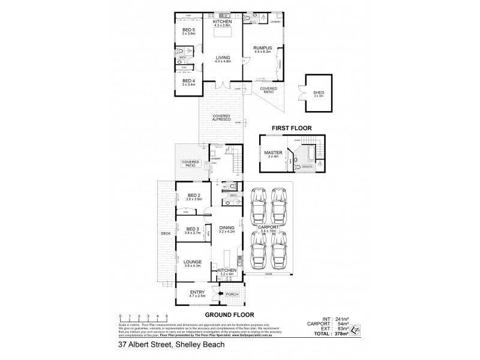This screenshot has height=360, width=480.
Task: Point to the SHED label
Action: pos(319,92)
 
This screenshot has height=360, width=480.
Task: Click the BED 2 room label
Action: pos(193,196)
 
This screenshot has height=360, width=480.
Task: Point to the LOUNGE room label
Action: pos(193,262)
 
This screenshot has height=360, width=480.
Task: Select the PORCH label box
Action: pos(233,294)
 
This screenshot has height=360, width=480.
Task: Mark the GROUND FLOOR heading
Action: pos(229,314)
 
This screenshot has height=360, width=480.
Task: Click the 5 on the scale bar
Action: pos(167,316)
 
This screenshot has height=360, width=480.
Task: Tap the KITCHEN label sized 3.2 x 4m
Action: pos(227,271)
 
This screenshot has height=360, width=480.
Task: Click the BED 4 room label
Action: pos(188,80)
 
